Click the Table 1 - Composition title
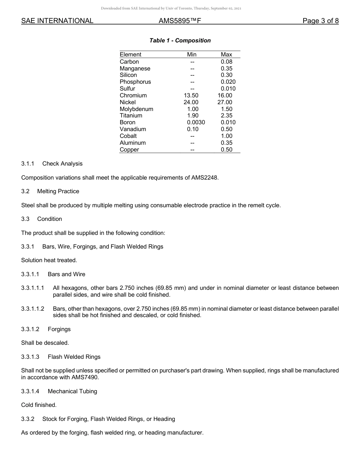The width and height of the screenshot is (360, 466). [x=180, y=41]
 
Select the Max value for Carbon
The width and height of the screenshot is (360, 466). [x=226, y=62]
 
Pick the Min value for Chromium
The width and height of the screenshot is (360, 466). [x=191, y=95]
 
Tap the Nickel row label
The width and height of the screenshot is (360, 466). [x=128, y=102]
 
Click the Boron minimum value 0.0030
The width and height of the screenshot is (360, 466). [x=196, y=122]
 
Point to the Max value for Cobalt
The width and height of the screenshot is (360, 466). [x=226, y=136]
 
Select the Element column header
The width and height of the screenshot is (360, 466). [x=130, y=55]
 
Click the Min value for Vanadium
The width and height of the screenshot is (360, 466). [x=193, y=129]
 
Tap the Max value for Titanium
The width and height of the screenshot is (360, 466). [x=226, y=116]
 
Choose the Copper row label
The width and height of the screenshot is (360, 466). [x=129, y=150]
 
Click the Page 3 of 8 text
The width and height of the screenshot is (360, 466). [x=321, y=21]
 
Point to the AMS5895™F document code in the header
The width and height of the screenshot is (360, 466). [x=180, y=21]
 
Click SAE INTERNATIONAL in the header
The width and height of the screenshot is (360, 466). [x=57, y=21]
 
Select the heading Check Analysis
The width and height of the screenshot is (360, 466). [x=62, y=164]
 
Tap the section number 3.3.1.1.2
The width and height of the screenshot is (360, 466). [x=33, y=309]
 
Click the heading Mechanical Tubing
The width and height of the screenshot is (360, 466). [x=72, y=391]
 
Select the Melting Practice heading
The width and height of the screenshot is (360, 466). [x=58, y=191]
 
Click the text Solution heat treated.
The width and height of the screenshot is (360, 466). [x=49, y=260]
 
